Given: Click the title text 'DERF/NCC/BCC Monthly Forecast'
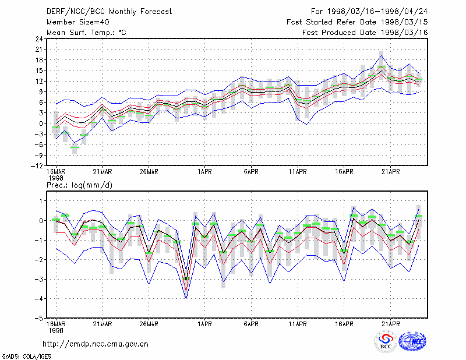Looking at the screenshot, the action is (109, 12).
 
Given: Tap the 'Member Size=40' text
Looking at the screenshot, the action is (78, 22).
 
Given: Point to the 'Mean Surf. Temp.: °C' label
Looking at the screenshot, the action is (86, 33).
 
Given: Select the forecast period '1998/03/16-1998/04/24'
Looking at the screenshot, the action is (377, 12).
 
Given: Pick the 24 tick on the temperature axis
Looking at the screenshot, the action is (39, 39).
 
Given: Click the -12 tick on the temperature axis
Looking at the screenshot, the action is (37, 166).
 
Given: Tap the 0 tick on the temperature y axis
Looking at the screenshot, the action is (41, 123).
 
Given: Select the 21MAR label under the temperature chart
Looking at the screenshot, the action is (103, 172).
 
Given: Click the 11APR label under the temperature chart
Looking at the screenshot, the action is (298, 172).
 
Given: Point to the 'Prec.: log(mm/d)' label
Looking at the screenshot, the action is (79, 185).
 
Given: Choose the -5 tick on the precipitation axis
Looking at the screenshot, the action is (39, 319).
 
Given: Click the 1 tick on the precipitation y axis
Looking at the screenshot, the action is (41, 201).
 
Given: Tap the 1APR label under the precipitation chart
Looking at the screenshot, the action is (204, 324).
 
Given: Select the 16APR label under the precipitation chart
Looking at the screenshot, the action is (344, 324).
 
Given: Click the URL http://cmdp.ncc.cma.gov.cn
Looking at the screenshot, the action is (96, 344).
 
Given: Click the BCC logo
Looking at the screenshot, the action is (386, 342).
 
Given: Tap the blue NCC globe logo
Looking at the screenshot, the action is (412, 341).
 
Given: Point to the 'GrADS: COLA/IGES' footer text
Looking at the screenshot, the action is (26, 357).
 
